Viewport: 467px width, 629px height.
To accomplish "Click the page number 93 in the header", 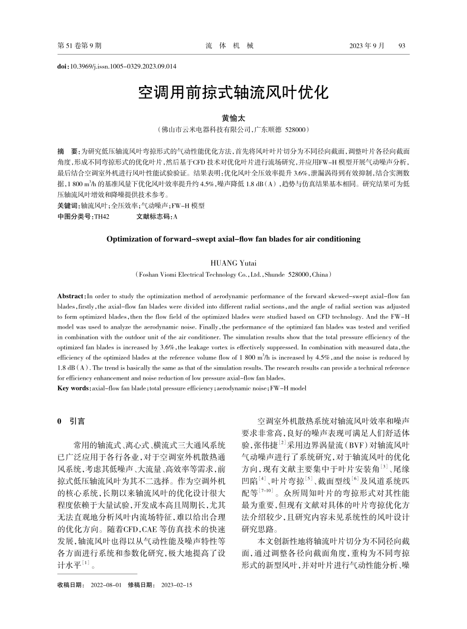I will click(x=402, y=46).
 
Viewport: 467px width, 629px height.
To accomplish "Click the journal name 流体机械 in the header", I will click(x=230, y=46).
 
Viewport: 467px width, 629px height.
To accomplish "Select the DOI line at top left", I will click(x=117, y=66).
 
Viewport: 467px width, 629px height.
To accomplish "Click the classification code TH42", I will click(x=102, y=216).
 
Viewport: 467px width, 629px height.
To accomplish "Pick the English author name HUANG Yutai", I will click(x=233, y=263).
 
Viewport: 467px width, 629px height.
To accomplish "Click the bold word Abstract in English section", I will click(x=71, y=296).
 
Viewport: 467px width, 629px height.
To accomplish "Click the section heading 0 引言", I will click(x=71, y=421).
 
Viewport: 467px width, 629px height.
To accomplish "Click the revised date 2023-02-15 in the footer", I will click(x=176, y=585).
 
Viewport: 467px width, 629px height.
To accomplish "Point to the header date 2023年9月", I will click(x=367, y=46).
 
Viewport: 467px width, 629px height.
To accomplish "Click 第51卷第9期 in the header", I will click(x=80, y=46).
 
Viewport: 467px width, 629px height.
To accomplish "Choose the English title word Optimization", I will click(x=127, y=239).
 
